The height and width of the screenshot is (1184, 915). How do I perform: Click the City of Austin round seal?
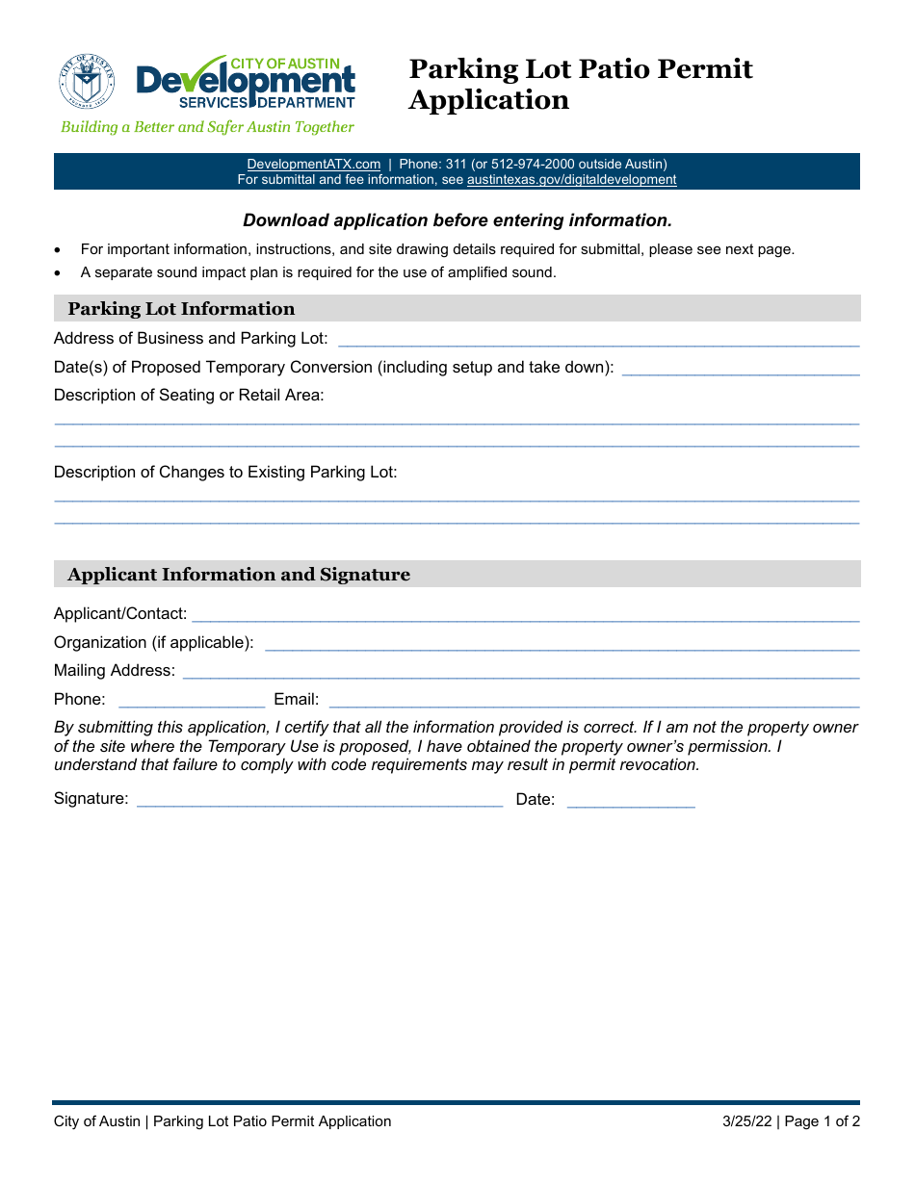(x=87, y=81)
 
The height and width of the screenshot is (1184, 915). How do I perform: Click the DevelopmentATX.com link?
(x=313, y=164)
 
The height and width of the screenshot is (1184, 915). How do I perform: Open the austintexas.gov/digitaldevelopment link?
(x=571, y=179)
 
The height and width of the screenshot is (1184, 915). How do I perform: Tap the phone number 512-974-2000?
(x=534, y=164)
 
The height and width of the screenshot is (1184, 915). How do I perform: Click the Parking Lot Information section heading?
(x=181, y=309)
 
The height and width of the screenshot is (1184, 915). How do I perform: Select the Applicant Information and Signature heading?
(x=239, y=575)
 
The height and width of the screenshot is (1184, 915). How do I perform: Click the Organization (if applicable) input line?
(x=562, y=643)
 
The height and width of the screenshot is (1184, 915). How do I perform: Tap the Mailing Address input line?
(x=520, y=671)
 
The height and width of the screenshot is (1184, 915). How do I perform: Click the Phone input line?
(x=191, y=700)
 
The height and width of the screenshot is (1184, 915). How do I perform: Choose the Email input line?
(x=593, y=700)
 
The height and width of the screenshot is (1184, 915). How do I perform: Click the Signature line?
(x=320, y=799)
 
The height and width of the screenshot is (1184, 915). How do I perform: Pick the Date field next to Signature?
(x=630, y=799)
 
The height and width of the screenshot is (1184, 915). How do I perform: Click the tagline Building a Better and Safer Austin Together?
(x=207, y=127)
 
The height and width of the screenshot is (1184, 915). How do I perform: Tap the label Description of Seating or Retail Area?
(x=189, y=395)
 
